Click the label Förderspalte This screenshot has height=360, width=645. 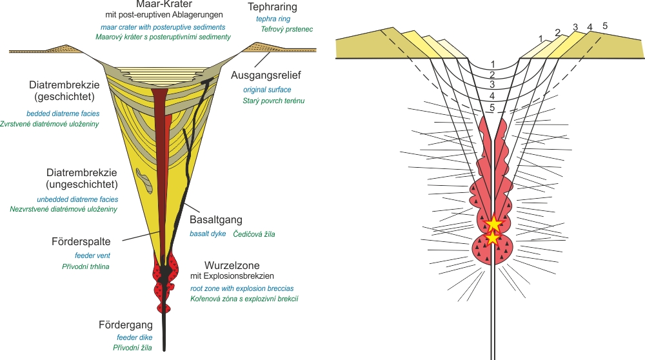pos(81,242)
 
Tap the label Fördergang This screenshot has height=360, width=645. pos(130,325)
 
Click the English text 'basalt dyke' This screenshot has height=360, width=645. pos(207,234)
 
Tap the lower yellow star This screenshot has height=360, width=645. pos(493,238)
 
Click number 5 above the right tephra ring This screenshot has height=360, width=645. pos(605,25)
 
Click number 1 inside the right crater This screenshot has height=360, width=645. pos(492,64)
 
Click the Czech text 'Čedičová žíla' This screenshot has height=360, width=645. pos(254,234)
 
